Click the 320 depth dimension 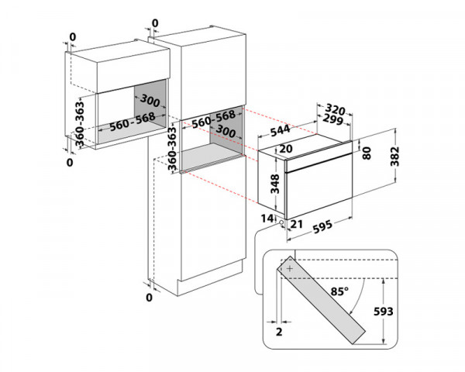[336, 110]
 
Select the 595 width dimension [319, 228]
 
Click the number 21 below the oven [297, 222]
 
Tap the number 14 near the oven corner [267, 220]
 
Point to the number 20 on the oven [285, 150]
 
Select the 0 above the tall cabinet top [155, 22]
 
